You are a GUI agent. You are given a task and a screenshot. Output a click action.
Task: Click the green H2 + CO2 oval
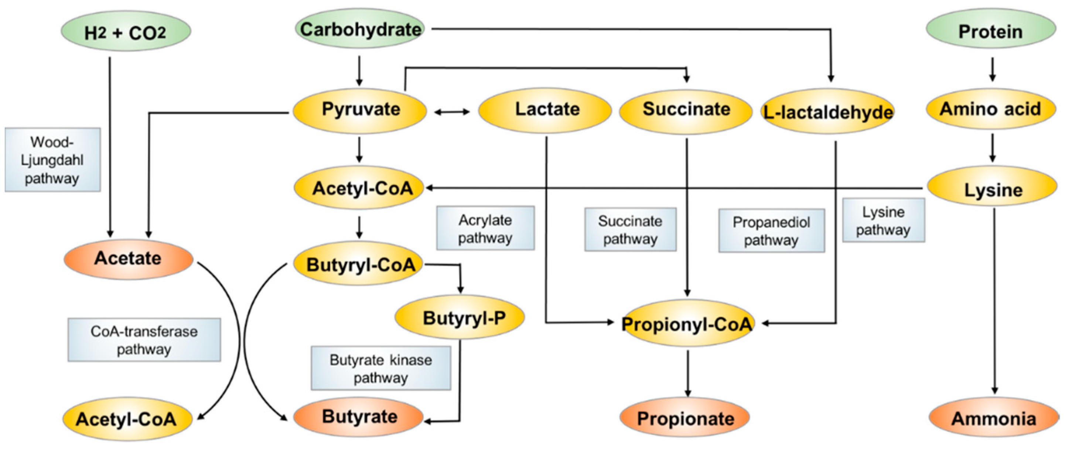[126, 31]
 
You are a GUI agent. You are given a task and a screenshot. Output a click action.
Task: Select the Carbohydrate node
[360, 29]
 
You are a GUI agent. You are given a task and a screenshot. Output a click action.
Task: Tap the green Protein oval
[991, 31]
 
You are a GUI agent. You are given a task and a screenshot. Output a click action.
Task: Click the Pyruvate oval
[360, 110]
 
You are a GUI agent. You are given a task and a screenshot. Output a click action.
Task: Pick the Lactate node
[545, 110]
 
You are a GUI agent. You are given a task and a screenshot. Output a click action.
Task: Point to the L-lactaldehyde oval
[828, 112]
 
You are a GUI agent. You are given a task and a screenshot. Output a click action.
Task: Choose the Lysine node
[992, 189]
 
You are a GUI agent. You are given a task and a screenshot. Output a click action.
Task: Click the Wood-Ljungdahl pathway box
[53, 160]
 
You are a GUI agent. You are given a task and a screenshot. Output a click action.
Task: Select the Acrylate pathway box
[485, 229]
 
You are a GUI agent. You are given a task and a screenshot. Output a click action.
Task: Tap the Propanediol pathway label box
[771, 231]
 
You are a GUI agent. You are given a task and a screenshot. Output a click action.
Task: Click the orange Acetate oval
[128, 259]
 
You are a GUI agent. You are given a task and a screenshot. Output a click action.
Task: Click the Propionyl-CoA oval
[687, 323]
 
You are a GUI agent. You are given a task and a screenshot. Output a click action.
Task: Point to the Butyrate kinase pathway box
[380, 369]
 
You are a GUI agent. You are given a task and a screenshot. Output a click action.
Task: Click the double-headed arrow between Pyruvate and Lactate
[452, 112]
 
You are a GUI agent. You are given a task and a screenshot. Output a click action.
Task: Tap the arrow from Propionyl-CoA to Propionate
[688, 373]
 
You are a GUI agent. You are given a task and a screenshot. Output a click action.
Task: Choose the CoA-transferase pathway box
[144, 340]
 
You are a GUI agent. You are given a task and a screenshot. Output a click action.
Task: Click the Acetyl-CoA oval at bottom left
[127, 419]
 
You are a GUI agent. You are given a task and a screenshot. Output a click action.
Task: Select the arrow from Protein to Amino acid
[992, 69]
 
